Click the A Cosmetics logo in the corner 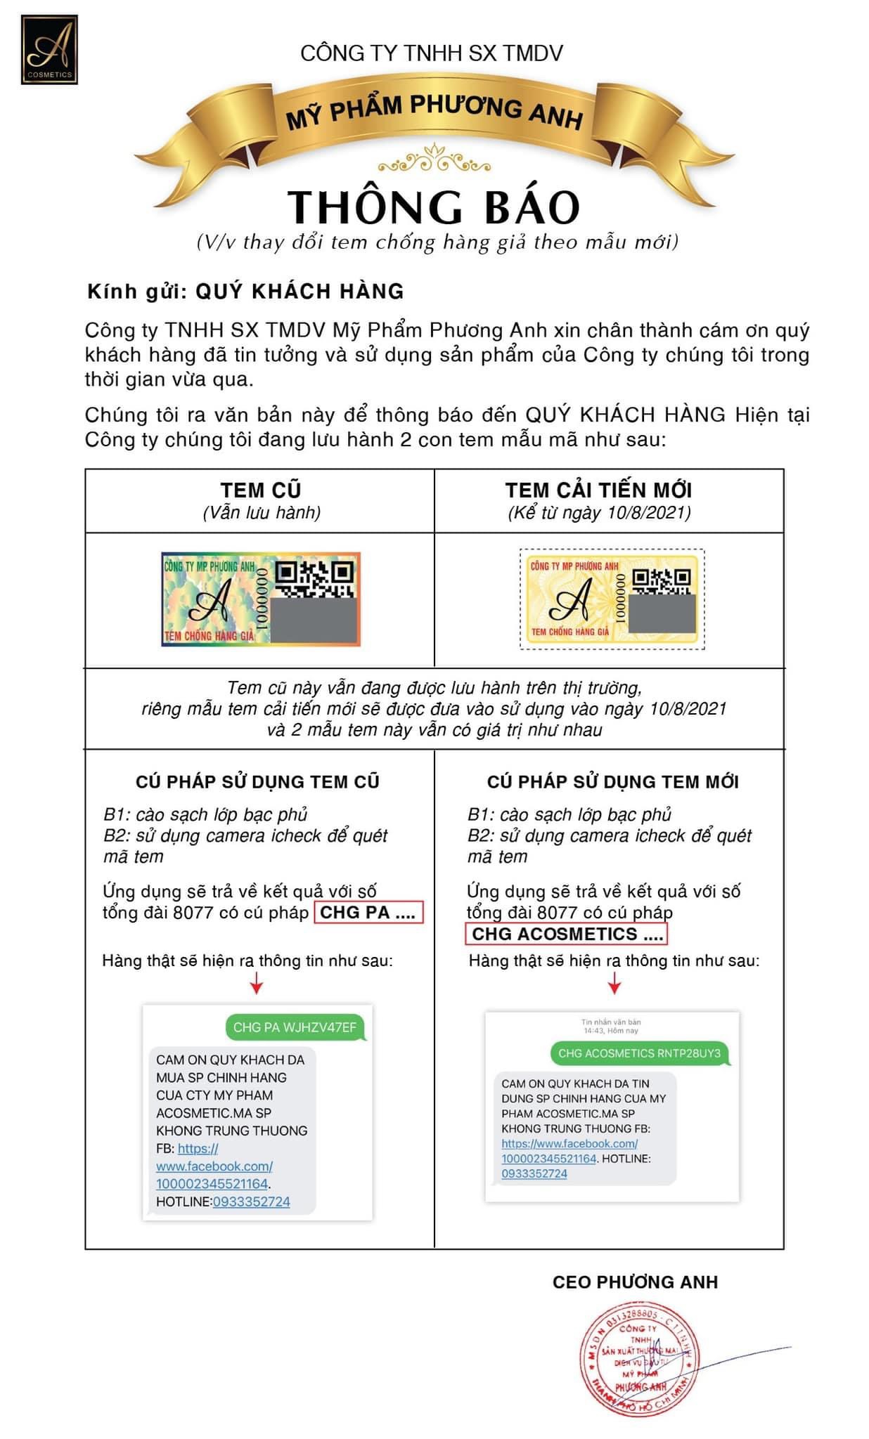click(49, 50)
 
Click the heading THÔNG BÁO click(434, 207)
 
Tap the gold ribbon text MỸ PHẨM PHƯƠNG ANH click(434, 112)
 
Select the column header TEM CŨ click(261, 490)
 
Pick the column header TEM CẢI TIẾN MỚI click(598, 490)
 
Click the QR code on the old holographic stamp click(314, 579)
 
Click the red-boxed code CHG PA click(368, 913)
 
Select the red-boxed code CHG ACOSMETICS click(567, 935)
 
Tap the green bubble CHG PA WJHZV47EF click(295, 1027)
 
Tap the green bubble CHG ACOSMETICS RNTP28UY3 click(639, 1053)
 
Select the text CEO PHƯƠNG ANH click(635, 1282)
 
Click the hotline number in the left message click(251, 1202)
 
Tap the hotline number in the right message click(534, 1173)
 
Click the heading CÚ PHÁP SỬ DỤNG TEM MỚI click(612, 782)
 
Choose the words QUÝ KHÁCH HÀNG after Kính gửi click(300, 292)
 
